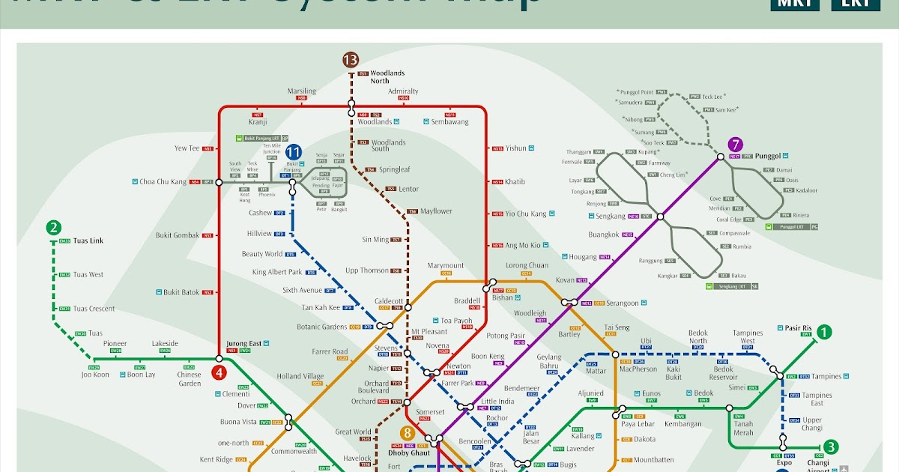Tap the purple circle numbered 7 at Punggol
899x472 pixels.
736,145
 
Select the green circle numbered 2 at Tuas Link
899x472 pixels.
53,228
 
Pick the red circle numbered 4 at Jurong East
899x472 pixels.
219,372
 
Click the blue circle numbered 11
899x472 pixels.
293,152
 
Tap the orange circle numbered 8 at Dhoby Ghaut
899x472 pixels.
408,433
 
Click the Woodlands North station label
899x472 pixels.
387,76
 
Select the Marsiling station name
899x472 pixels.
302,91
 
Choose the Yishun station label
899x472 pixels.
516,148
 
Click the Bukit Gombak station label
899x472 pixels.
178,235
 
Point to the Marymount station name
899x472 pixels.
446,266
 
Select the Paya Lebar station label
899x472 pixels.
638,424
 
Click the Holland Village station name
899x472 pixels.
300,376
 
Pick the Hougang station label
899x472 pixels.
584,257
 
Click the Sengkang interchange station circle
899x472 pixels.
660,217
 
